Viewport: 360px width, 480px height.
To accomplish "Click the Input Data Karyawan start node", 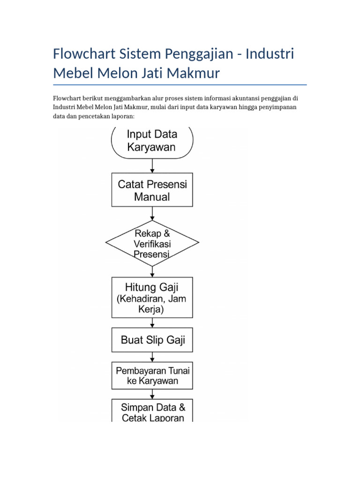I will click(151, 141).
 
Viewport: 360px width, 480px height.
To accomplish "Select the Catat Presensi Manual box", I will click(151, 190).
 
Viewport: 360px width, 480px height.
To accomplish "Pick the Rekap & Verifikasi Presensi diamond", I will click(152, 243).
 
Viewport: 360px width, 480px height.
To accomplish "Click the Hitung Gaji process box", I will click(151, 297).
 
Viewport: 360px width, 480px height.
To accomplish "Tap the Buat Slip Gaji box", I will click(151, 340).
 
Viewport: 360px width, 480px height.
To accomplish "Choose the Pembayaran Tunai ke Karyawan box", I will click(151, 375).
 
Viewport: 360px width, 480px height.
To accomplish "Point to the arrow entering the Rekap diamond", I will click(151, 214).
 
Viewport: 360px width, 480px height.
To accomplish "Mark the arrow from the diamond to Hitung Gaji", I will click(151, 271).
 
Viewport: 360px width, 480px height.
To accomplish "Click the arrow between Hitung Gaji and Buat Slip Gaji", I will click(151, 323).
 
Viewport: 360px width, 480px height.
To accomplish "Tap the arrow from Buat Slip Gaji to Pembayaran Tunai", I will click(151, 357).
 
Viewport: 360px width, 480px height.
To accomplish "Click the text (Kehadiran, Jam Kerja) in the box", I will click(151, 303).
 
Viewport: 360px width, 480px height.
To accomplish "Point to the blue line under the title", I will click(180, 85).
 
